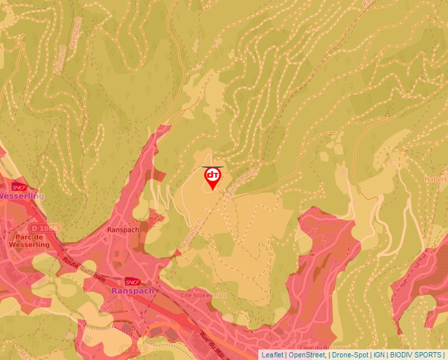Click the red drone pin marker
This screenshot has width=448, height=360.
(213, 178)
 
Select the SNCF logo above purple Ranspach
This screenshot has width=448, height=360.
(131, 281)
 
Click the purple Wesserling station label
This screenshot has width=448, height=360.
(22, 196)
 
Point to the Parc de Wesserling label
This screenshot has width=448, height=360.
(26, 240)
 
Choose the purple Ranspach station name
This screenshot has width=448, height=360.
(132, 290)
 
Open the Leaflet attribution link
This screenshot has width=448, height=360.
(272, 355)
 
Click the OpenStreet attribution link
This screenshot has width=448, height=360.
(307, 355)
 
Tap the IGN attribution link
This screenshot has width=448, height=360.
(379, 355)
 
